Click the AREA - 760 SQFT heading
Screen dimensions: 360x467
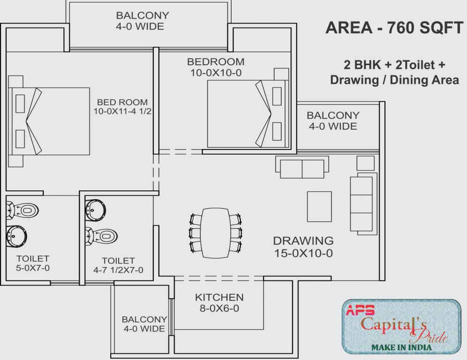(394, 28)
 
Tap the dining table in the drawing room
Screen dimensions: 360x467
(216, 232)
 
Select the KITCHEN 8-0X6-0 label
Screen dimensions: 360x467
(219, 303)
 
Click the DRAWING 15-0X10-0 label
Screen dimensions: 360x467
(303, 247)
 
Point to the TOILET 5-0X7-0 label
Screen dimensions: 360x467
(33, 263)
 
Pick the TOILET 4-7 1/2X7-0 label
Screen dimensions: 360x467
(118, 265)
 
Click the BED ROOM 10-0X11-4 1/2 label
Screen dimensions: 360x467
(122, 107)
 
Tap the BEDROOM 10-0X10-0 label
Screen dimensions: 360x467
(215, 67)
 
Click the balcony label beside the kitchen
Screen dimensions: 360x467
(144, 324)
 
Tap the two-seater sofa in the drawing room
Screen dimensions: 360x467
(302, 167)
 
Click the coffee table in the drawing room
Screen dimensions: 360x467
(319, 206)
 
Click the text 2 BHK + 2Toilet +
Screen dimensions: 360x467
(394, 64)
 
